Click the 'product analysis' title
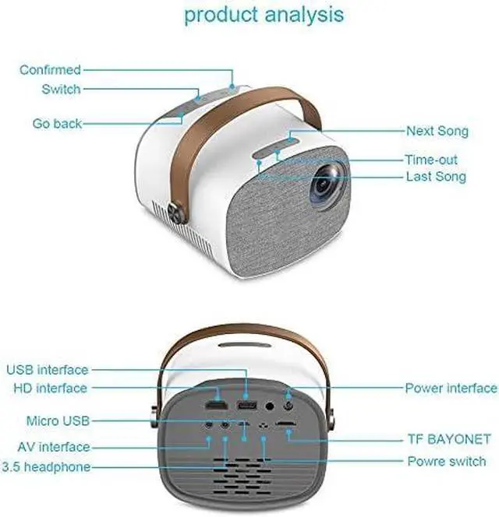click(264, 15)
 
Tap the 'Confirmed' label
click(50, 70)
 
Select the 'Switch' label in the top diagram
click(61, 90)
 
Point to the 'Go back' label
click(57, 124)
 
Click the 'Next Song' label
click(437, 131)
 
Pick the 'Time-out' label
click(431, 160)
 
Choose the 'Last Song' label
click(436, 177)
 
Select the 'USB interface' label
click(48, 369)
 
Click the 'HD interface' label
click(50, 388)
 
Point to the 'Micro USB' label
click(58, 421)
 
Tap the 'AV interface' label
click(54, 448)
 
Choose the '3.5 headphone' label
click(46, 467)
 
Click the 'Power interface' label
click(450, 388)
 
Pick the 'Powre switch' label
click(447, 461)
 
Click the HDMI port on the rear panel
click(215, 406)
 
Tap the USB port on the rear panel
click(247, 406)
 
